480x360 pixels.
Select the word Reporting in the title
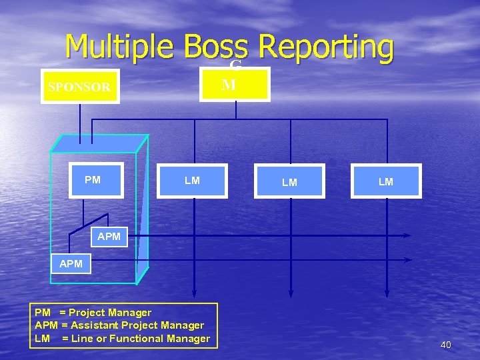(x=326, y=48)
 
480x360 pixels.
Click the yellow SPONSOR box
(x=79, y=87)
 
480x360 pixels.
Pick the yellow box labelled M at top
(x=235, y=85)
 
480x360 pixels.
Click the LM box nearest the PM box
(x=192, y=181)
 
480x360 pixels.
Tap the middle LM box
(x=289, y=182)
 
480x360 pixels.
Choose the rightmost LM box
(x=386, y=182)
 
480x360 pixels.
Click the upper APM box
(x=109, y=236)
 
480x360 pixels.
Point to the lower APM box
(x=71, y=263)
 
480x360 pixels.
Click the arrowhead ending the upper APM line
(x=408, y=235)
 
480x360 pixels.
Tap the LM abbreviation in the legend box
(x=42, y=339)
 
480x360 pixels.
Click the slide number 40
(x=445, y=345)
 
